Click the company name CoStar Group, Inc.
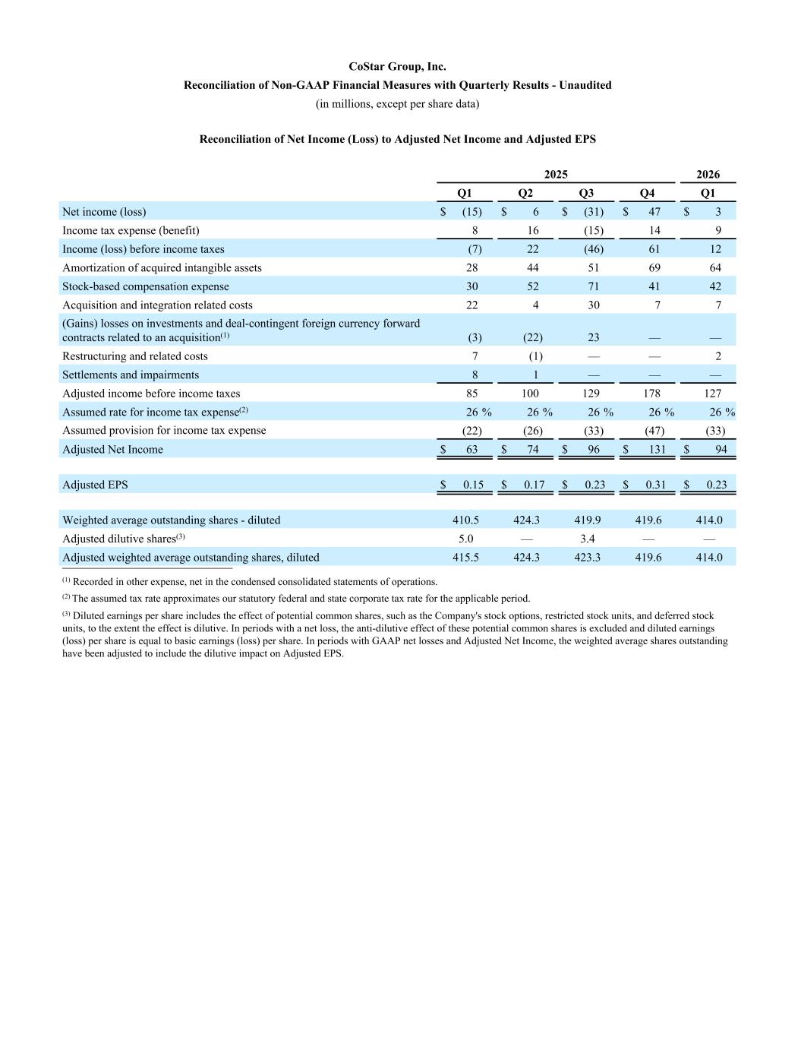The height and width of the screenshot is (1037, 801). pyautogui.click(x=397, y=67)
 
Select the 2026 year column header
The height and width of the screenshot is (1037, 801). pyautogui.click(x=708, y=175)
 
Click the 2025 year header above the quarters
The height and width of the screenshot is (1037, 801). pyautogui.click(x=556, y=175)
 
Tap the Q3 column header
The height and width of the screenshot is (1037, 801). pyautogui.click(x=586, y=193)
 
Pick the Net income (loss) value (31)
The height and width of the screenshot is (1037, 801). pyautogui.click(x=593, y=212)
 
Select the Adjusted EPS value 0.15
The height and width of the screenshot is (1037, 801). pyautogui.click(x=473, y=485)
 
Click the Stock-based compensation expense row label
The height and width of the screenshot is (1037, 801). pyautogui.click(x=145, y=286)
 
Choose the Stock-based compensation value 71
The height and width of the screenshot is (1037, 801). pyautogui.click(x=593, y=286)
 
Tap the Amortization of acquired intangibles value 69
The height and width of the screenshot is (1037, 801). pyautogui.click(x=654, y=267)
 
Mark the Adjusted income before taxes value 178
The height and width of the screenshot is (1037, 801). pyautogui.click(x=651, y=394)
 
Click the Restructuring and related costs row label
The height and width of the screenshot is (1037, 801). pyautogui.click(x=134, y=356)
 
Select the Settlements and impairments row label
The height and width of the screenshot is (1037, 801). pyautogui.click(x=130, y=375)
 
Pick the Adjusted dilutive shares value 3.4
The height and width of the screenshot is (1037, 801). pyautogui.click(x=587, y=539)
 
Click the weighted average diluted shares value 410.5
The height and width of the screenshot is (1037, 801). pyautogui.click(x=465, y=520)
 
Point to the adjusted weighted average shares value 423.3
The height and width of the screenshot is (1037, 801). pyautogui.click(x=587, y=558)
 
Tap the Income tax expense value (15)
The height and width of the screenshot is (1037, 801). pyautogui.click(x=593, y=230)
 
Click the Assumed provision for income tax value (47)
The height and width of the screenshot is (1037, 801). pyautogui.click(x=654, y=431)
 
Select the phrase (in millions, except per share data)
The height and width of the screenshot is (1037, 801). pyautogui.click(x=397, y=103)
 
